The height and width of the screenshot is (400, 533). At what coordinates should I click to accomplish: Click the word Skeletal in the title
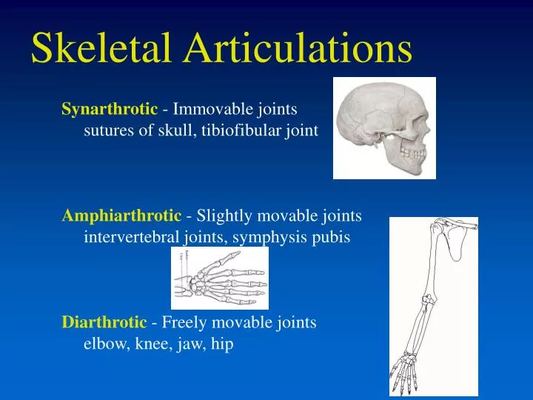pos(100,48)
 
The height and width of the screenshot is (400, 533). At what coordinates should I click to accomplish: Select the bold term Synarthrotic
pos(110,110)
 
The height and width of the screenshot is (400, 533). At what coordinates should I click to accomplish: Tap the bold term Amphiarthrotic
pos(121,216)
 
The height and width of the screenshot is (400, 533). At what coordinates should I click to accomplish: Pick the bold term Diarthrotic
pos(104,322)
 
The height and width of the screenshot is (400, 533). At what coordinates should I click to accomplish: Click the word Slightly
pos(221,216)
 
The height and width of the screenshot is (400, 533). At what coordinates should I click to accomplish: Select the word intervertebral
pos(131,238)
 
